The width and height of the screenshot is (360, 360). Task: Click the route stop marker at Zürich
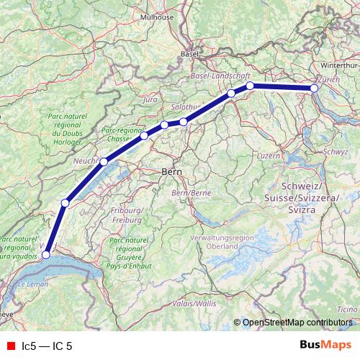(x=314, y=89)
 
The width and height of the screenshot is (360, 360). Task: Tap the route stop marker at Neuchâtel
(x=104, y=162)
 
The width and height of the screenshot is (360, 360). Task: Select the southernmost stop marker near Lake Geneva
(x=46, y=254)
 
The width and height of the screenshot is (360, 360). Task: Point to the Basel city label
(x=190, y=53)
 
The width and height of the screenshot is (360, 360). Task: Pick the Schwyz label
(x=336, y=152)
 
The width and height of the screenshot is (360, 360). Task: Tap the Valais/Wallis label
(x=195, y=304)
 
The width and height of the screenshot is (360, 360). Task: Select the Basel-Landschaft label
(x=220, y=75)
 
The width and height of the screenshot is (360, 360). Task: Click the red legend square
(x=10, y=346)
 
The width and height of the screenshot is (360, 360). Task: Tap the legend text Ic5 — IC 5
(x=47, y=346)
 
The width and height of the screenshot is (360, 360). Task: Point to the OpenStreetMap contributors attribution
(x=297, y=323)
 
